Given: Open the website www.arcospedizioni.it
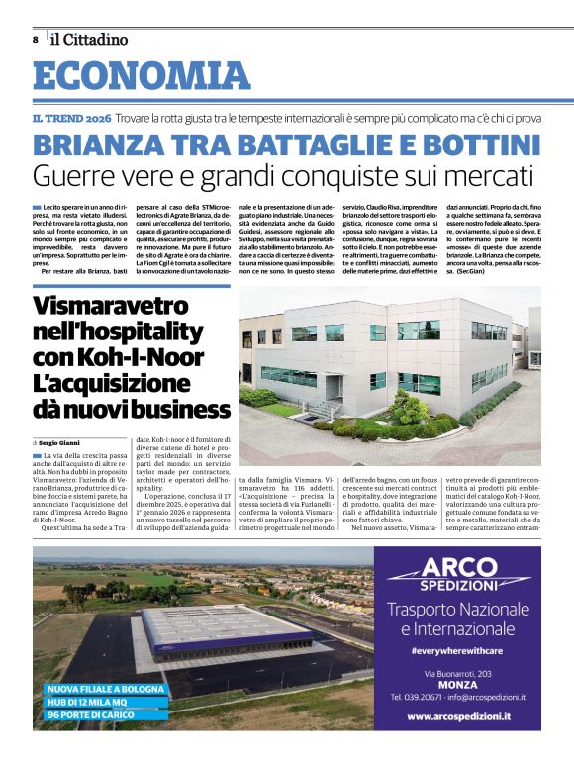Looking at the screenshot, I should [459, 717].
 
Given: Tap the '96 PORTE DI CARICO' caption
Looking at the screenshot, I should [91, 714].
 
